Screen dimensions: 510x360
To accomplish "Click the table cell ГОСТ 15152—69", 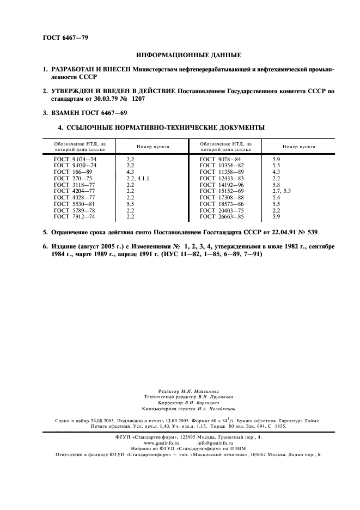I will [x=222, y=191].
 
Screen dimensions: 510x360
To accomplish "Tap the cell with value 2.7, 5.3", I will [x=282, y=191].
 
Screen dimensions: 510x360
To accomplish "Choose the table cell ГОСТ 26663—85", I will [x=222, y=217].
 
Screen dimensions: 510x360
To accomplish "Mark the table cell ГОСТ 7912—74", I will [x=75, y=217].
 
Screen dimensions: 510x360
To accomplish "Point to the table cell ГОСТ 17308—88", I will [x=222, y=198].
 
